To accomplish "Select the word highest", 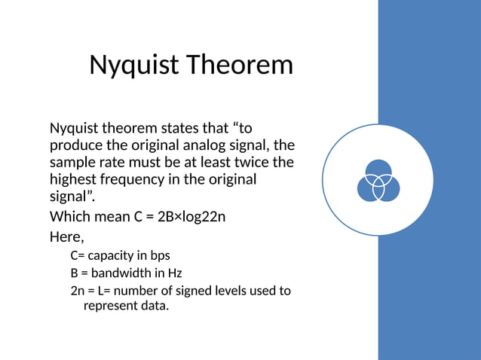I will click(75, 180).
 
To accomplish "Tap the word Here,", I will click(66, 236).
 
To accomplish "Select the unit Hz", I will click(174, 273).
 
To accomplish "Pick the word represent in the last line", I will click(110, 307).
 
